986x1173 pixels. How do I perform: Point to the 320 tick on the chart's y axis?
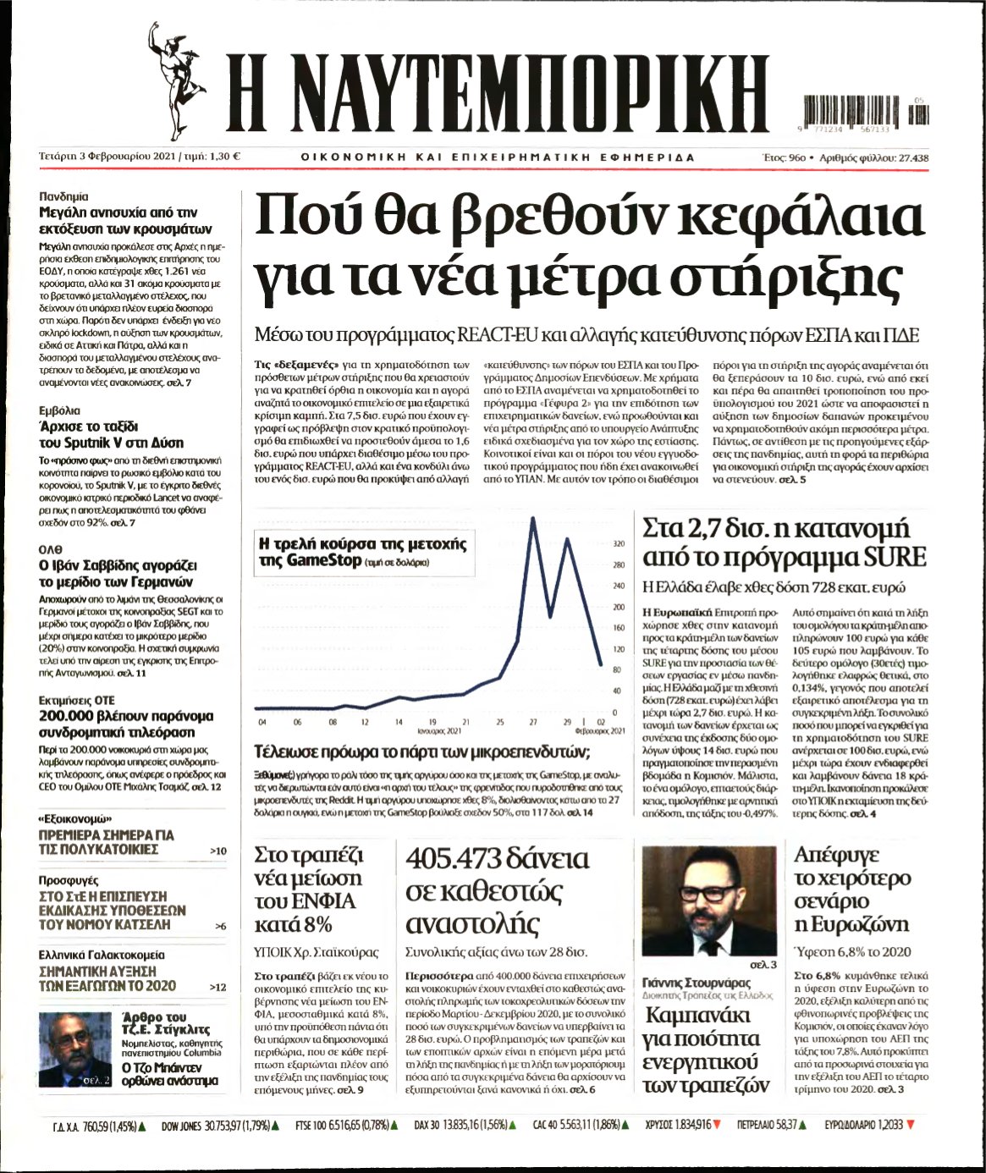[618, 544]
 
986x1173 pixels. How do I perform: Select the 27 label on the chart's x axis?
[533, 722]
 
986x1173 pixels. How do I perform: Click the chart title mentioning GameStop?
[362, 552]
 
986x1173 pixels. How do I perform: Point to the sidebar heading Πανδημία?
[63, 195]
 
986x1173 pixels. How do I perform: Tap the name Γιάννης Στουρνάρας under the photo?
[697, 983]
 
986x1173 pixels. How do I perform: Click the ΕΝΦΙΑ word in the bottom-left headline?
[319, 900]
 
